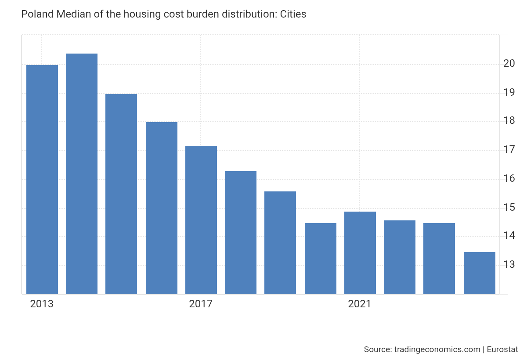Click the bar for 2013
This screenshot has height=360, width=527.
tap(42, 180)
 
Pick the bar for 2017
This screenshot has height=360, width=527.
tap(201, 220)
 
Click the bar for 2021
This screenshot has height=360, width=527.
tap(360, 253)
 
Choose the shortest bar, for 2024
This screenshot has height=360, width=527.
tap(480, 273)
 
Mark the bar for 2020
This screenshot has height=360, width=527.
tap(321, 259)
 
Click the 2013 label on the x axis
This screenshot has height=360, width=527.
tap(42, 304)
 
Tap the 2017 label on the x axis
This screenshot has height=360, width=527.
tap(201, 304)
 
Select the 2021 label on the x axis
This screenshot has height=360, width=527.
tap(360, 304)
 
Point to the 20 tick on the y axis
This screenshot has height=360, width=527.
tap(509, 64)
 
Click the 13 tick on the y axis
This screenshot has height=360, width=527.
tap(509, 265)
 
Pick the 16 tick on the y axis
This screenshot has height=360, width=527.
tap(509, 179)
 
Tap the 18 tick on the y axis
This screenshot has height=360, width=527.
tap(509, 121)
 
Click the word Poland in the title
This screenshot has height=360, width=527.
tap(37, 14)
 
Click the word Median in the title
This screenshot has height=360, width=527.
tap(71, 14)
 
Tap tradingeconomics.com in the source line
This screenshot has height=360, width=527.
tap(437, 349)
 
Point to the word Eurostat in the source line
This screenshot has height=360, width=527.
tap(502, 349)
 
